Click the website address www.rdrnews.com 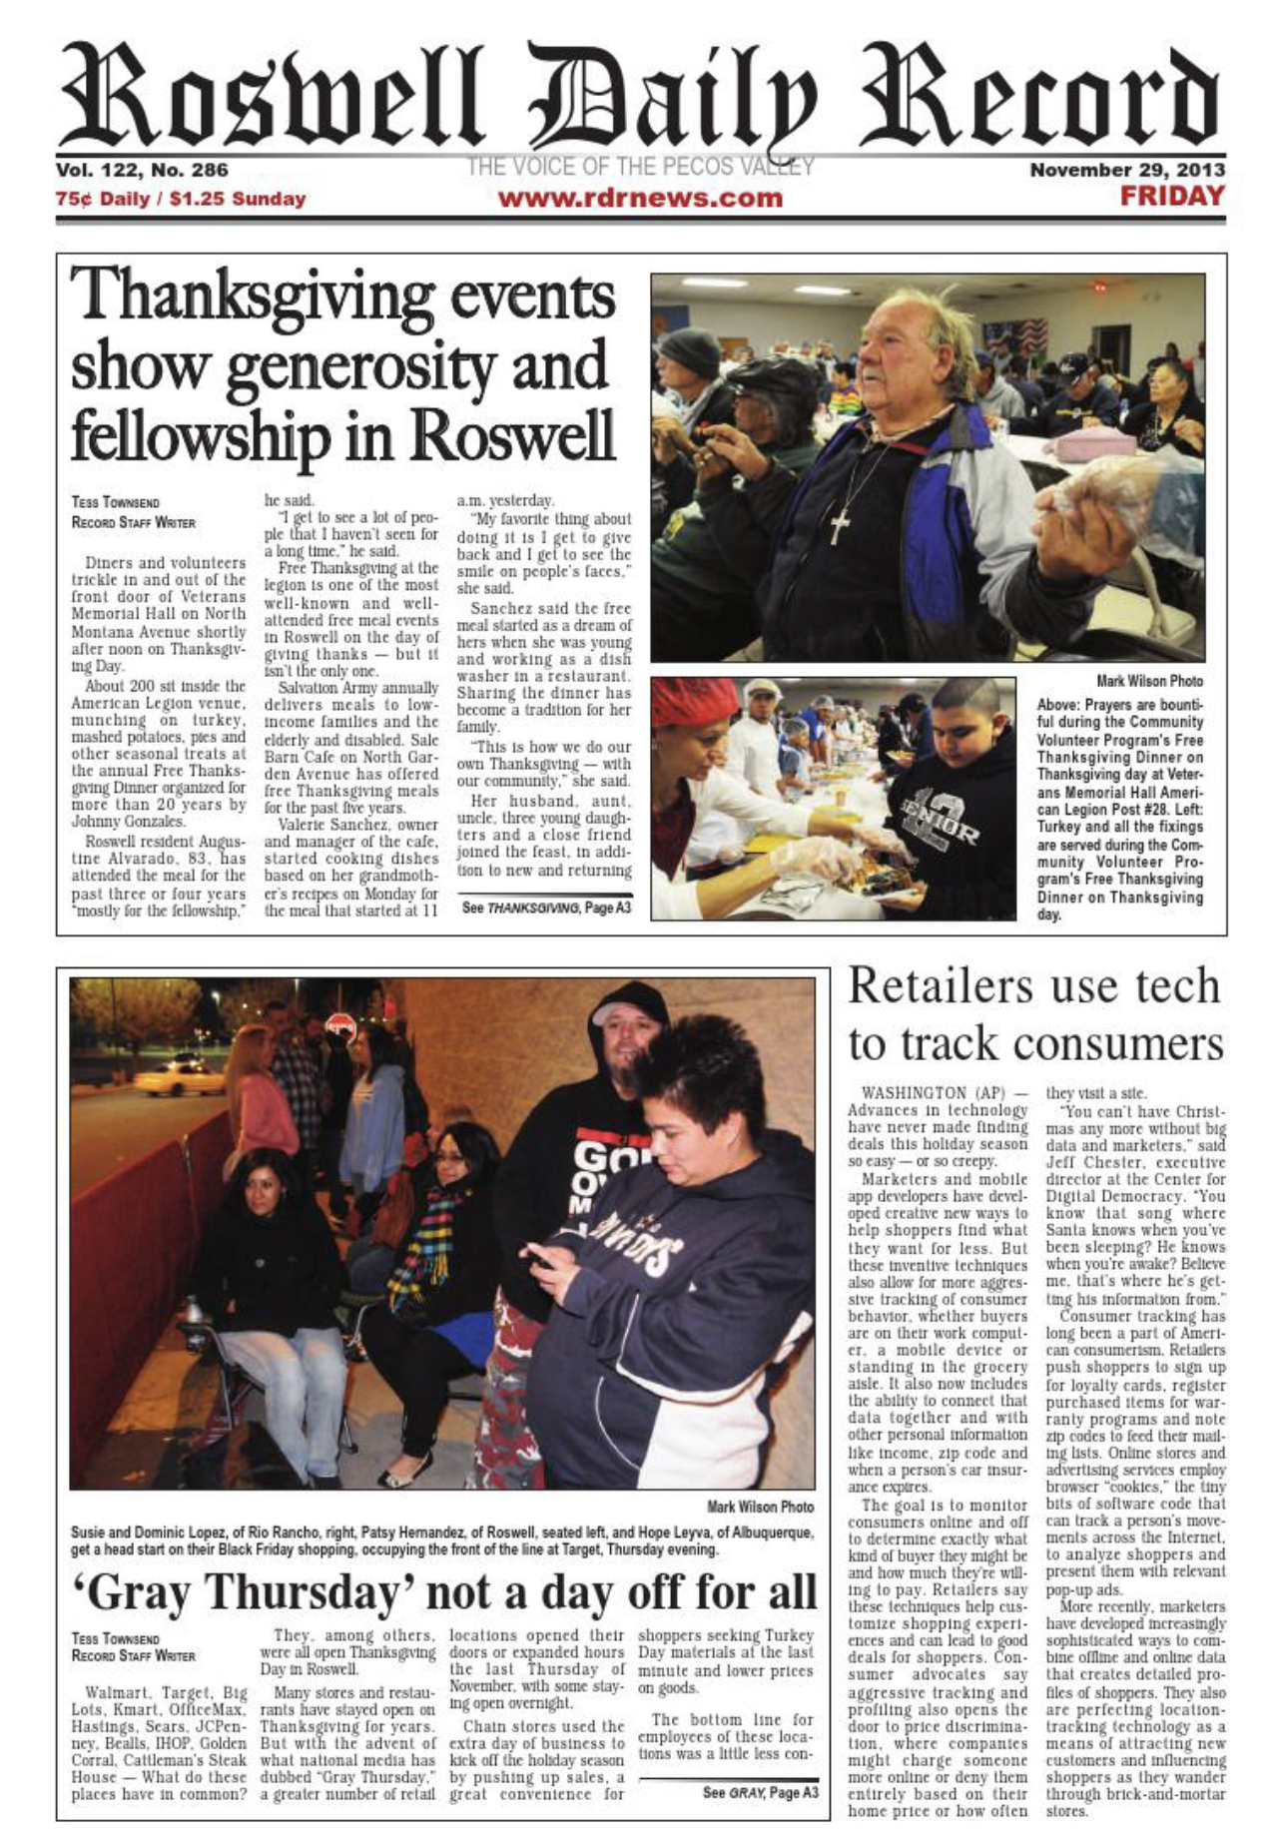pos(640,198)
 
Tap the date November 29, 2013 pos(1127,170)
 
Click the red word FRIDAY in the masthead pos(1171,196)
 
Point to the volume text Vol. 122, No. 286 pos(142,170)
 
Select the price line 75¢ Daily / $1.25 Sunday pos(181,199)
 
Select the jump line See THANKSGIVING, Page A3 pos(545,908)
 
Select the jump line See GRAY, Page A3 pos(760,1792)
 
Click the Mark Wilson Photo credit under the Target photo pos(760,1507)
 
